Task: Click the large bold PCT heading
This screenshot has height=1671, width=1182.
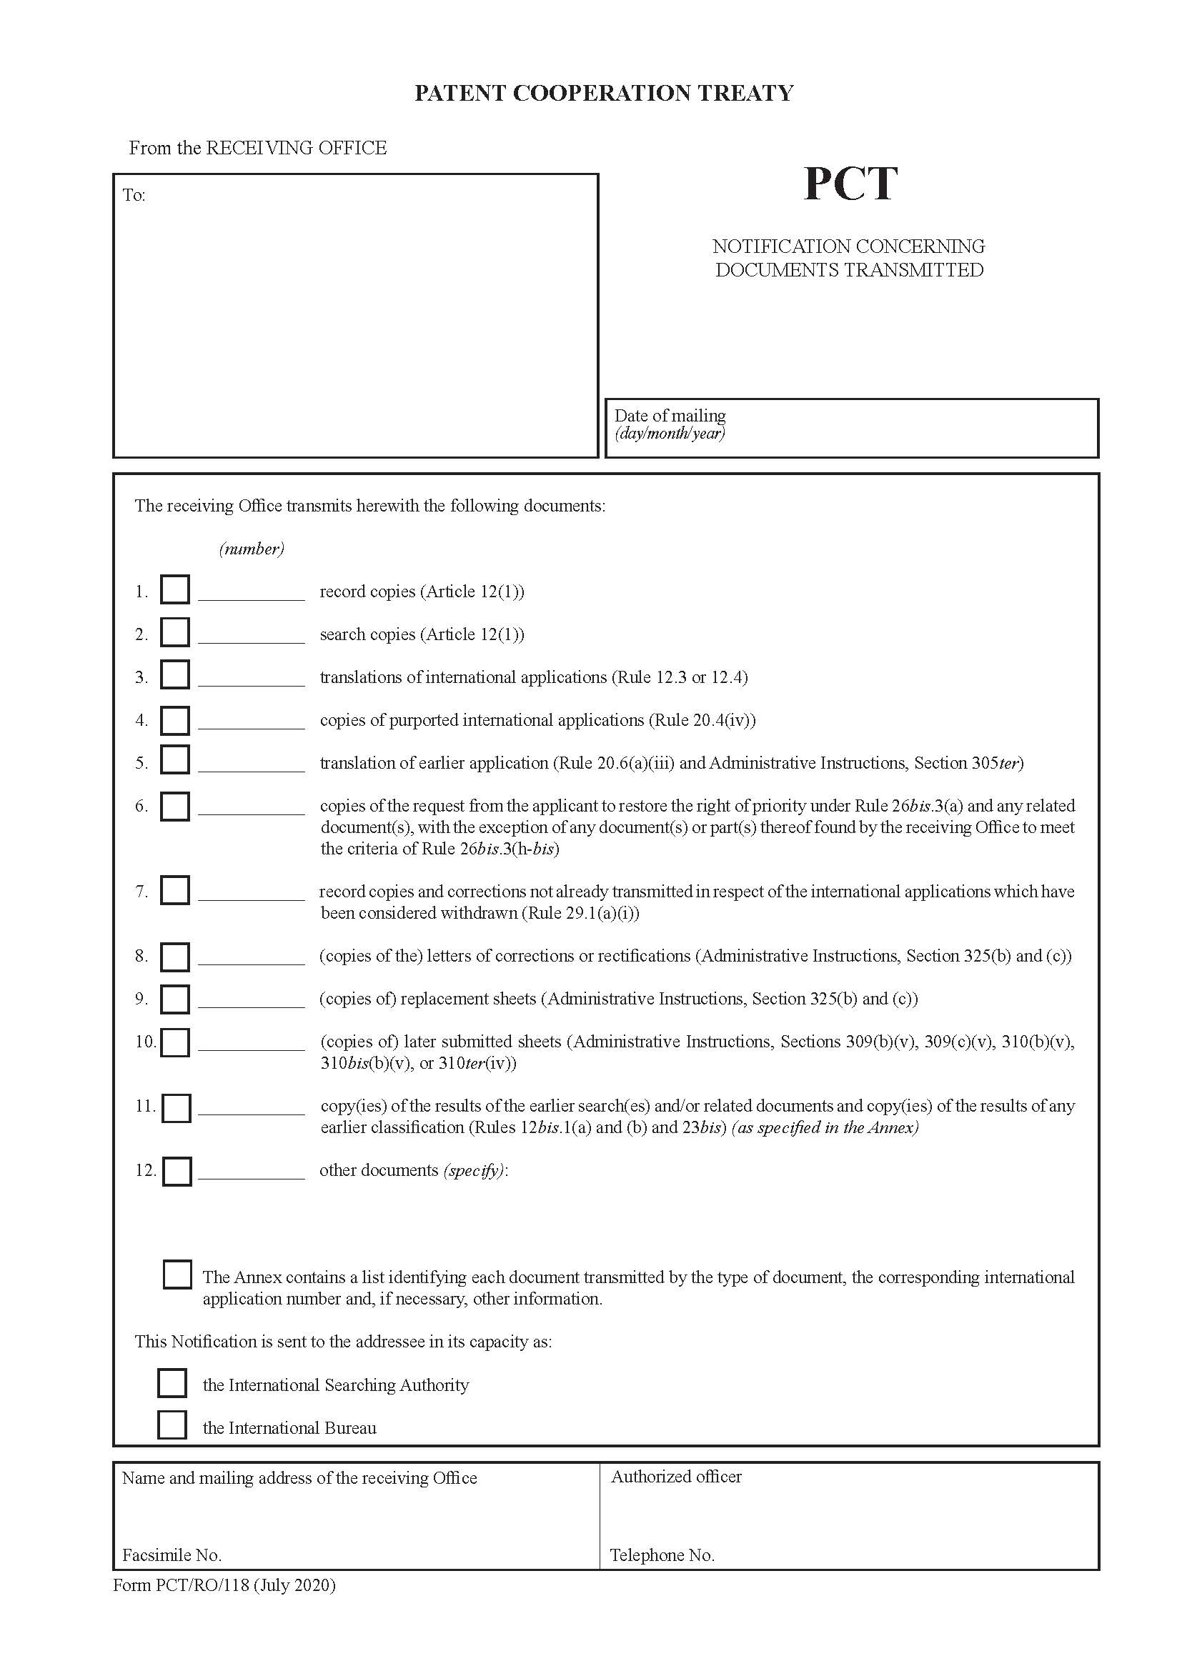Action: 850,184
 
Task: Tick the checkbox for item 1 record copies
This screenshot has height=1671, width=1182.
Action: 174,589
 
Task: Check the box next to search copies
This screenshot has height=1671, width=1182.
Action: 174,632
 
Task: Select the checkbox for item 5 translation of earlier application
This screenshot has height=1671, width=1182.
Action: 174,761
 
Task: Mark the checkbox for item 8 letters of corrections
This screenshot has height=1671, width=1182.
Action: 174,957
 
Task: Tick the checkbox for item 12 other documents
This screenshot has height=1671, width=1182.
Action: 177,1172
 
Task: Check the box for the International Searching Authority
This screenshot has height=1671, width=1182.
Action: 172,1384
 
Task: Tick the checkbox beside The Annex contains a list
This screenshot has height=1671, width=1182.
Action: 177,1275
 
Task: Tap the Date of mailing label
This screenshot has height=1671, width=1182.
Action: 670,416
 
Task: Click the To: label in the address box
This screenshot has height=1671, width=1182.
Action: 134,195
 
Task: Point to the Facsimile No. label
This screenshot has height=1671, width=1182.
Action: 172,1555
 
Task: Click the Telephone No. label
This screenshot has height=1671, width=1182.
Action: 662,1555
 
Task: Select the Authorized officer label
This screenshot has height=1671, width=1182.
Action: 675,1477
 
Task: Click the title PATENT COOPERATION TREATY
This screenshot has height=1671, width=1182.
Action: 603,93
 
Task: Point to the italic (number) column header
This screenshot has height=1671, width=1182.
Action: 251,549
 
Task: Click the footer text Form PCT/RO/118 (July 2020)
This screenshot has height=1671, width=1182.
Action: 224,1585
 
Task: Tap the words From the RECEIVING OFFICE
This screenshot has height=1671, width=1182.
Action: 258,148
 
